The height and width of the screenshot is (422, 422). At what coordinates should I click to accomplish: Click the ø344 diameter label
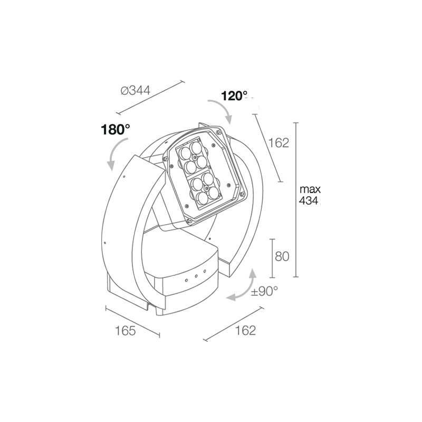click(x=136, y=90)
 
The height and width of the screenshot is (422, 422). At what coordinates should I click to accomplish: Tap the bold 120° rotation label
click(x=234, y=96)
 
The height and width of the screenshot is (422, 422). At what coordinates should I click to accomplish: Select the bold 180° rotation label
click(x=116, y=129)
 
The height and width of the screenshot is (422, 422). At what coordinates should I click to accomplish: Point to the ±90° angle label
click(x=264, y=291)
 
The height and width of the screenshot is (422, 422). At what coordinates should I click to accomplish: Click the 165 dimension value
click(x=125, y=331)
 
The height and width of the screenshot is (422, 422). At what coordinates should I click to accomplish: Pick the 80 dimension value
click(x=282, y=256)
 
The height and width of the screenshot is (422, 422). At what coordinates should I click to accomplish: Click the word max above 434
click(x=310, y=189)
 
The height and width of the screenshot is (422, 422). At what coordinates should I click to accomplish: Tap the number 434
click(x=309, y=200)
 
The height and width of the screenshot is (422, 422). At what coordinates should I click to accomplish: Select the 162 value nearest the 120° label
click(x=279, y=142)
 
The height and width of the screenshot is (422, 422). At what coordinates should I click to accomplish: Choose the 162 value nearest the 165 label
click(x=245, y=330)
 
